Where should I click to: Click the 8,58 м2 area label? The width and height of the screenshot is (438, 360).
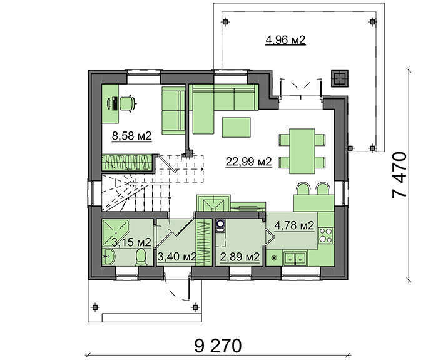(x=131, y=136)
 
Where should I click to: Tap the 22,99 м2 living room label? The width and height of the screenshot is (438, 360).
(x=248, y=162)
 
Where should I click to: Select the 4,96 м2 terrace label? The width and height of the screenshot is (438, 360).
(x=285, y=40)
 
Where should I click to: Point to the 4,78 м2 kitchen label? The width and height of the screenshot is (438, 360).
(x=295, y=225)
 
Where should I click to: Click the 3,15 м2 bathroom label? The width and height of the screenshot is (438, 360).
(x=131, y=242)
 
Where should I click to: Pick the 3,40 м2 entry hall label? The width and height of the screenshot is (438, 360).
(x=177, y=256)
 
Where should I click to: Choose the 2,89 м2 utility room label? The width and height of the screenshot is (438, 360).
(x=240, y=257)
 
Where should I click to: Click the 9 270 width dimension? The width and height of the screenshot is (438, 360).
(x=218, y=346)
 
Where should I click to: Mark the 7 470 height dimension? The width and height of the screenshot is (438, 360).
(x=399, y=175)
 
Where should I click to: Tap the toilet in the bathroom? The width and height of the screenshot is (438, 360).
(x=141, y=257)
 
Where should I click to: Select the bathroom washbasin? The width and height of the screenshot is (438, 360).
(x=108, y=256)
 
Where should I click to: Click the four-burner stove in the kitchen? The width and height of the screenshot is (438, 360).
(x=326, y=235)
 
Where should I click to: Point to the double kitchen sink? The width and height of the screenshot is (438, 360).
(x=295, y=258)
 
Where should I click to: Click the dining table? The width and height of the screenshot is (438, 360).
(x=302, y=152)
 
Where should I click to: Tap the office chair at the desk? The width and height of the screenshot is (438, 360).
(x=128, y=104)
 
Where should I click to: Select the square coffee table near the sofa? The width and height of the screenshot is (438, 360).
(x=236, y=128)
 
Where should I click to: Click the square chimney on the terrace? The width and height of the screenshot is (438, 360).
(x=339, y=78)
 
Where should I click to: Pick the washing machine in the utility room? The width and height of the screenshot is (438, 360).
(x=221, y=226)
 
